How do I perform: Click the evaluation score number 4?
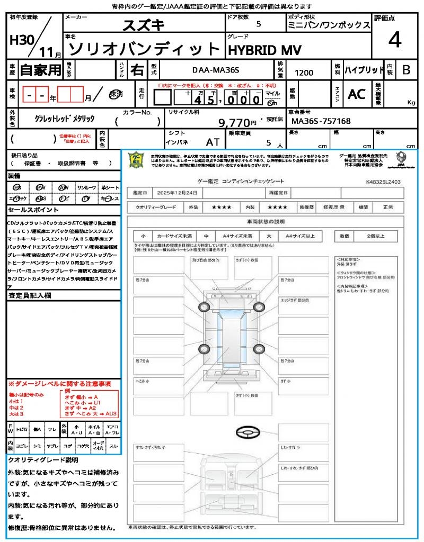[x=394, y=40]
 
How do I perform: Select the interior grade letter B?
[x=406, y=70]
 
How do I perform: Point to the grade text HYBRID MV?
[x=264, y=50]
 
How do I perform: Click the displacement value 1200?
[x=304, y=73]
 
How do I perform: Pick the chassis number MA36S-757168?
[x=320, y=121]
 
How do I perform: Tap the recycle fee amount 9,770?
[x=234, y=123]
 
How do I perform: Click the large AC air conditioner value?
[x=357, y=94]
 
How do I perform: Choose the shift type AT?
[x=213, y=142]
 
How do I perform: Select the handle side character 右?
[x=137, y=70]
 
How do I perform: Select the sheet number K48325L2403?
[x=383, y=181]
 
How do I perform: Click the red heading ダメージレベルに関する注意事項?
[x=62, y=383]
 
